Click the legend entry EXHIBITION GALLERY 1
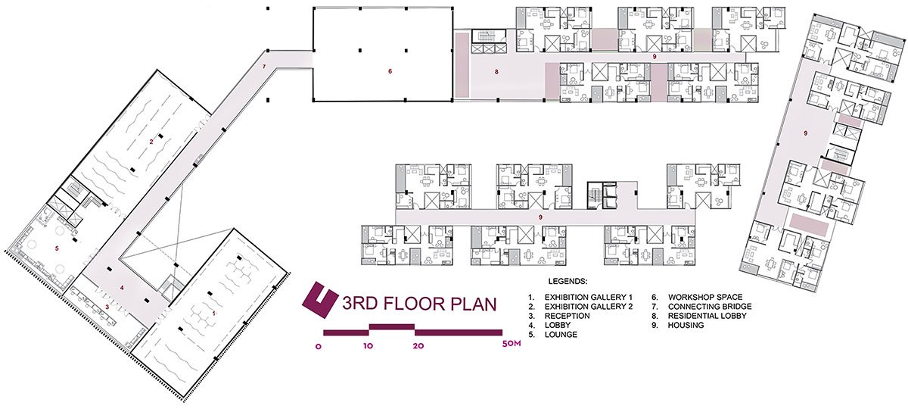(588, 297)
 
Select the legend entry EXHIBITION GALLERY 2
(589, 306)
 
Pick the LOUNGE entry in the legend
(561, 334)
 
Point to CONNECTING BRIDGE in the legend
(710, 306)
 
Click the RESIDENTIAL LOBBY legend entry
(707, 316)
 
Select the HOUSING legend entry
(686, 325)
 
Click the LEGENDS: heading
(567, 281)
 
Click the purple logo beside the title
(320, 300)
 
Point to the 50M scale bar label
(512, 345)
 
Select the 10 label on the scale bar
(368, 346)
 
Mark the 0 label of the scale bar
(319, 347)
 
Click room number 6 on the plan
(390, 71)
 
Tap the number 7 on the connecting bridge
(264, 66)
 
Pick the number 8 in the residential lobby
(496, 72)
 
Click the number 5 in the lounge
(57, 248)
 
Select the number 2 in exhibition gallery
(151, 142)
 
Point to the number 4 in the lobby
(122, 288)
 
